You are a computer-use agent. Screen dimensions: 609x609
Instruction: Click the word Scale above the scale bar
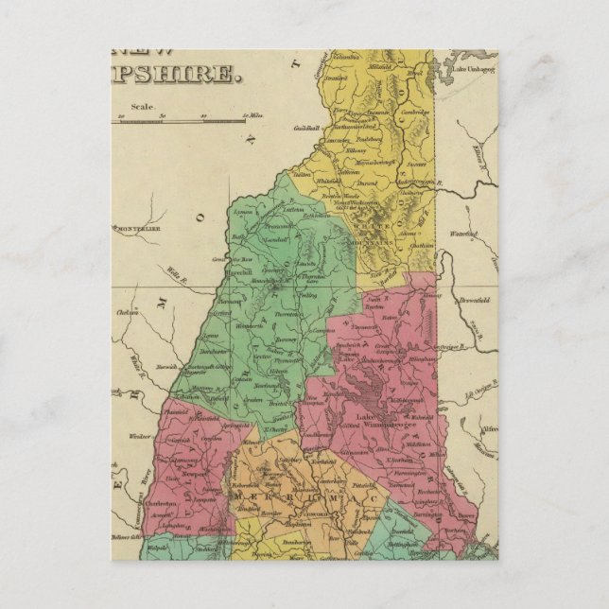tap(143, 107)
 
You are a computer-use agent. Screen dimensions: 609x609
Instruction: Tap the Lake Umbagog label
tap(473, 70)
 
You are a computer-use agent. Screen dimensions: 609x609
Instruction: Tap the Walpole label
tap(157, 547)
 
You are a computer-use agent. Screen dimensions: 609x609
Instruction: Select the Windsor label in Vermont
tap(140, 436)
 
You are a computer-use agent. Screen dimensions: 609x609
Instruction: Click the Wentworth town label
tap(250, 325)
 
